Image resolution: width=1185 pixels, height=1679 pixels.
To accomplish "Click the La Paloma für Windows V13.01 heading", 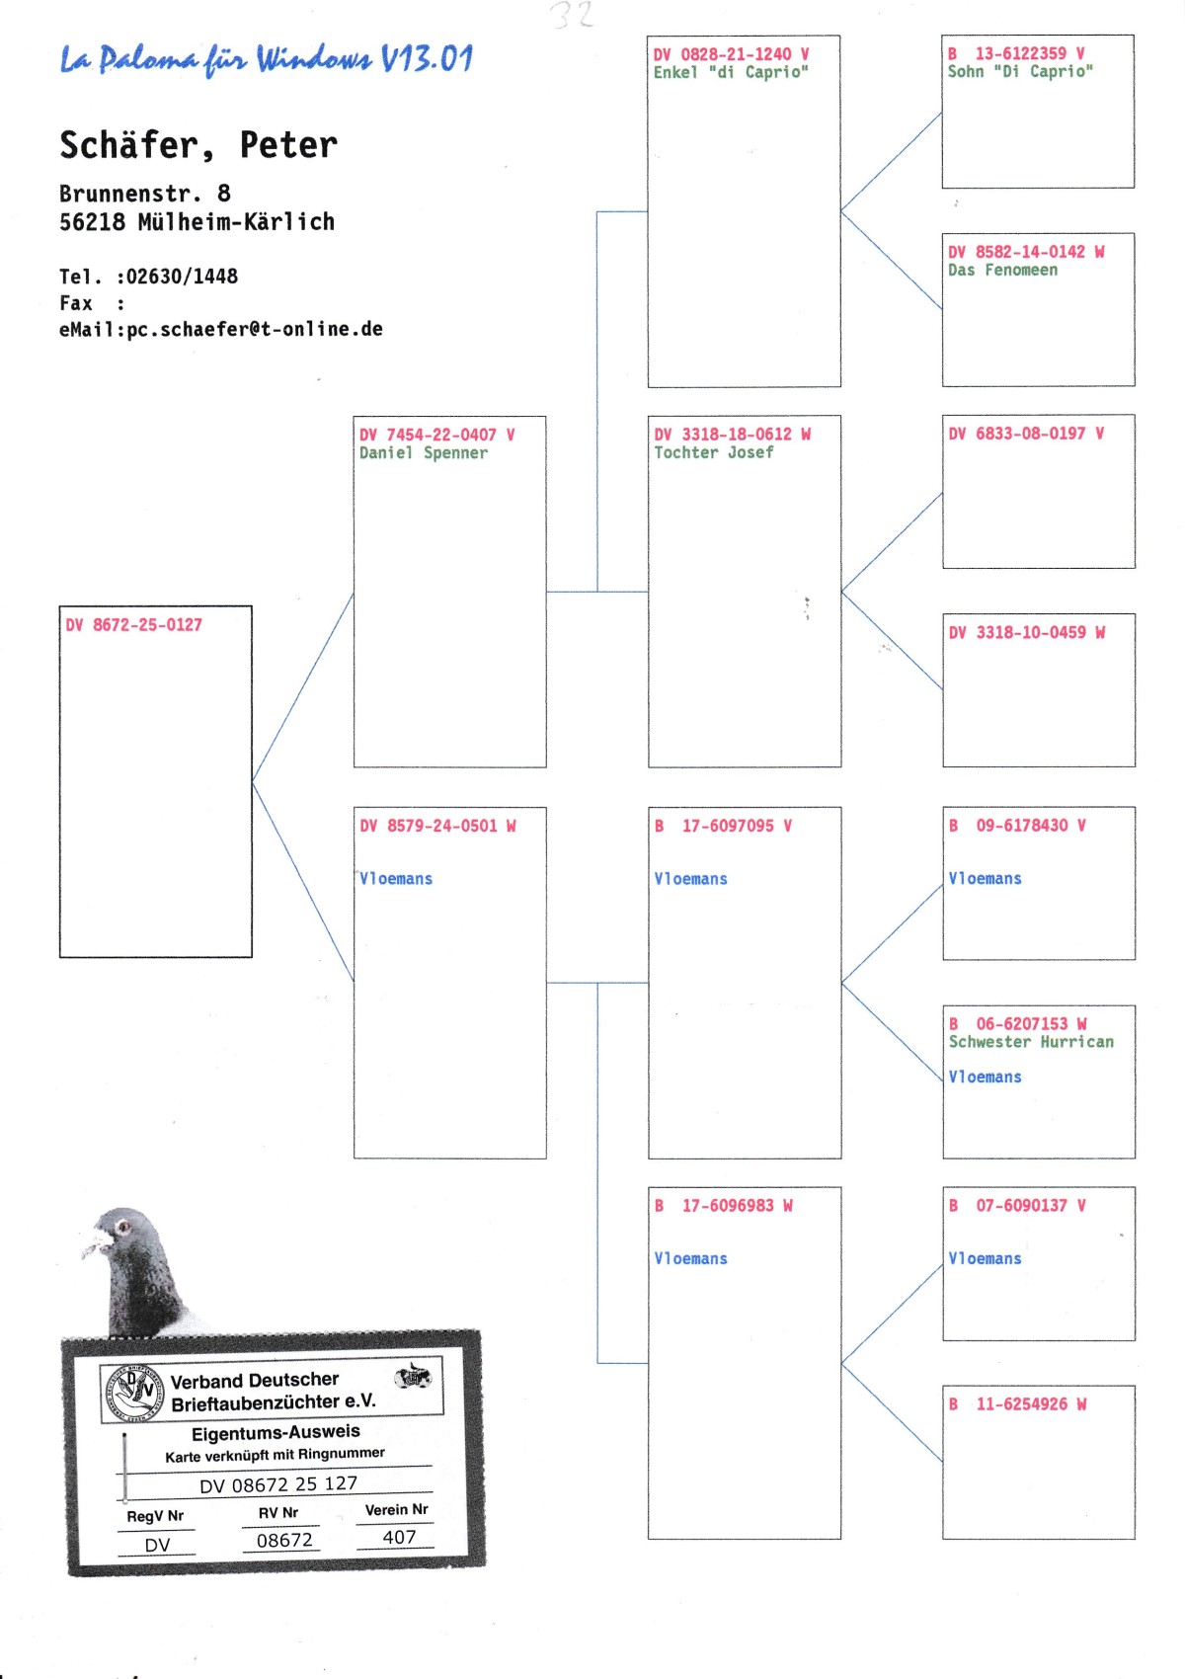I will (267, 59).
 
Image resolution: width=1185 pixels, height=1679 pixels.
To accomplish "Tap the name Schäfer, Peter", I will (198, 145).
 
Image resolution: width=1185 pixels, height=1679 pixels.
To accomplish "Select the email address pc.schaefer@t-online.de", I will (255, 329).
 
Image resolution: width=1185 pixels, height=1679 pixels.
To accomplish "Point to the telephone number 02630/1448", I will (182, 277).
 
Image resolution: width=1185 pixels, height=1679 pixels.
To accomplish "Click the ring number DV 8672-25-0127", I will (134, 625).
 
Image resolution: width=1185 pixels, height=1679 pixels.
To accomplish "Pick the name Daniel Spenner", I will (423, 453).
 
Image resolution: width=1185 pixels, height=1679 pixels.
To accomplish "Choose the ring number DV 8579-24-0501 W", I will (437, 826).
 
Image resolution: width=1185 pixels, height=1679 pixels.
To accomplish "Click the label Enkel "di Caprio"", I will (731, 72).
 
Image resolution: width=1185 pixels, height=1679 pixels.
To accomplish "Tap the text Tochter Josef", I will (713, 452).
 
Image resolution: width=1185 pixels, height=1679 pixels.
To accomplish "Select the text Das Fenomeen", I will (1002, 271).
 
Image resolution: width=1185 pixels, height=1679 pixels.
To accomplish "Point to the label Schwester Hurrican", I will (1031, 1042).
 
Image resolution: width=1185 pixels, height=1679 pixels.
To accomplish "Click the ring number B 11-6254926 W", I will (1017, 1403).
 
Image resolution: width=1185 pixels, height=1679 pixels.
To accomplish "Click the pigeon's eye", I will (123, 1228).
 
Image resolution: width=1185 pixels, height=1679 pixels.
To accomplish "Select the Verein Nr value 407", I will (399, 1537).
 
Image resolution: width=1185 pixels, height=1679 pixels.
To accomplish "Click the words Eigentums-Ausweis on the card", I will (276, 1432).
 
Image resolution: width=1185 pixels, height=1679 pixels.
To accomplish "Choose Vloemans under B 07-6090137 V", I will (985, 1258).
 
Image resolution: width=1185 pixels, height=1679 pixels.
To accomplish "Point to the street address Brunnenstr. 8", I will (145, 194).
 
